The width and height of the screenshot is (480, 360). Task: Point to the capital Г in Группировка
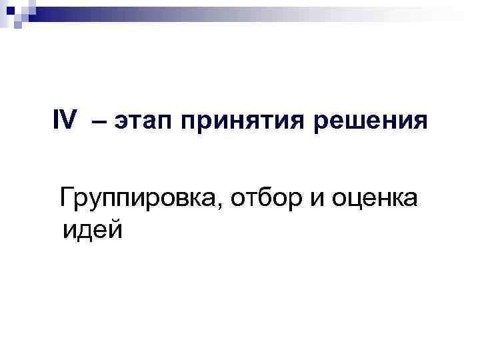(x=66, y=197)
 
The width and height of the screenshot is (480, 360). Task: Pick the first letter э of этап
(x=121, y=125)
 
